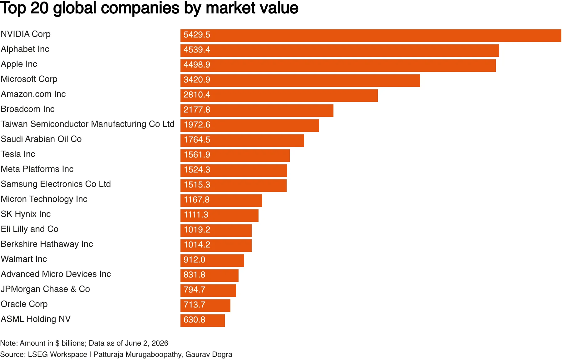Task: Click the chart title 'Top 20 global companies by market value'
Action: point(149,8)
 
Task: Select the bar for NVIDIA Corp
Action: point(371,36)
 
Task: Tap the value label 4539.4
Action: point(197,50)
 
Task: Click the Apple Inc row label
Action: point(19,64)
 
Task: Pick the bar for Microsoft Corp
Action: point(300,81)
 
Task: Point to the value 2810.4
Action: point(197,95)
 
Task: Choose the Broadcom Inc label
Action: point(28,109)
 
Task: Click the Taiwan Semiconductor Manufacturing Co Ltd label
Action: point(88,124)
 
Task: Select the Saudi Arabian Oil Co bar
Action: point(242,141)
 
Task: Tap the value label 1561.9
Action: point(197,155)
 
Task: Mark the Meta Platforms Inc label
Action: point(37,169)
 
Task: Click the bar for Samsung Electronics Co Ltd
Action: point(234,186)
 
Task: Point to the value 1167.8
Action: point(197,200)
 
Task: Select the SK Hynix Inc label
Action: point(26,214)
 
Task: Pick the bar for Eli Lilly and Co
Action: point(216,231)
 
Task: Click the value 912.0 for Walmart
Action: point(195,260)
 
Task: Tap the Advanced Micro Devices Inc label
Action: point(56,274)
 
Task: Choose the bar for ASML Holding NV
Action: point(203,321)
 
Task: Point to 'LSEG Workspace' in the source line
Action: point(57,354)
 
